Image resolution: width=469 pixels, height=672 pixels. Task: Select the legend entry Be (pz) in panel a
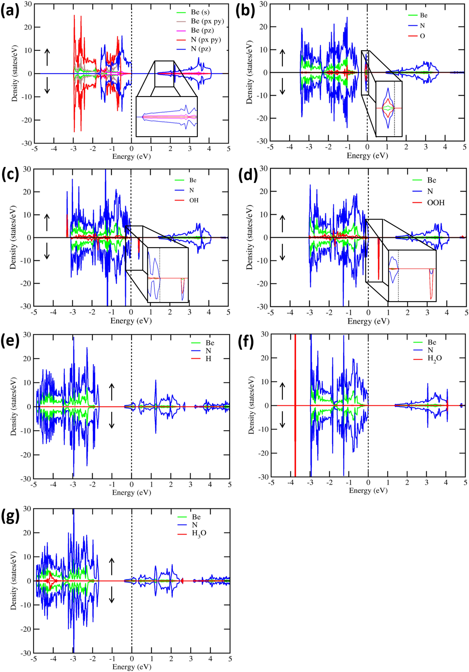pos(202,30)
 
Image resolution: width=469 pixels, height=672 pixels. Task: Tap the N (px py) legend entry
pos(206,40)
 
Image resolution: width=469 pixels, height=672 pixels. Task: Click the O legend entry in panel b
pos(422,36)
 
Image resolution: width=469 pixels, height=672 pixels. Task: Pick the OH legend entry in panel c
pos(194,200)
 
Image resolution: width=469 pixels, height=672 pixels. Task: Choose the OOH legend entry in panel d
pos(436,202)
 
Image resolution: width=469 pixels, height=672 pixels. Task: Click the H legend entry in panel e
pos(208,358)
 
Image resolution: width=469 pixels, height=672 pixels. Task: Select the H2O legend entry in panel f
pos(434,358)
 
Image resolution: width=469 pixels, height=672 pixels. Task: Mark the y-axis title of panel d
pos(249,237)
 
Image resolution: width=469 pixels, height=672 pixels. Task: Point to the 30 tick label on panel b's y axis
pos(263,4)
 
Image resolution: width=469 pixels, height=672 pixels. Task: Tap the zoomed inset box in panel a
pos(167,116)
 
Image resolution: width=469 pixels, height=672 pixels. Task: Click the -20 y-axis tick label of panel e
pos(26,455)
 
